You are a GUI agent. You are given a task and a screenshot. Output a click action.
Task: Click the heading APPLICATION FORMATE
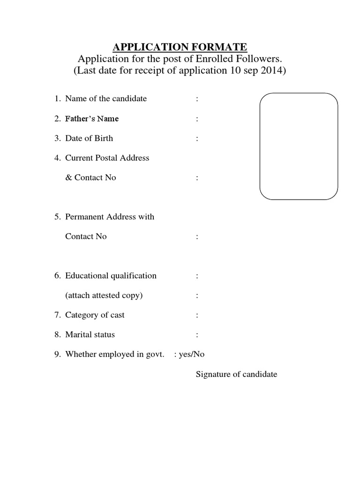tap(180, 47)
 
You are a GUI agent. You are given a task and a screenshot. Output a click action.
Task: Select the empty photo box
tap(299, 147)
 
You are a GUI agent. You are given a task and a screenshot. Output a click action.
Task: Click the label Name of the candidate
tap(106, 98)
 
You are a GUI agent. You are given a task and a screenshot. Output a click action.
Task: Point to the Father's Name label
tap(92, 119)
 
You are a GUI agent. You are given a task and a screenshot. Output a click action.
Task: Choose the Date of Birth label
tap(89, 138)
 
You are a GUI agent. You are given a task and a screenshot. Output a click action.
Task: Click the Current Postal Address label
tap(107, 158)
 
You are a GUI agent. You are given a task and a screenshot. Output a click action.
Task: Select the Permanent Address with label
tap(110, 217)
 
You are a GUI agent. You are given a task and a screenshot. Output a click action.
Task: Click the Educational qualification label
tap(111, 276)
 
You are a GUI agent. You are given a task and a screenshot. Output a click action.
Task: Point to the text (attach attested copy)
tap(104, 295)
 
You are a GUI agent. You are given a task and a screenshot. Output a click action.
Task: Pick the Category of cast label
tap(95, 315)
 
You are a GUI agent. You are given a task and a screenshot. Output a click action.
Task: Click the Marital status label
tap(90, 335)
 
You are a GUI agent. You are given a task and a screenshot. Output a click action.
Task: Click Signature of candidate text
tap(236, 374)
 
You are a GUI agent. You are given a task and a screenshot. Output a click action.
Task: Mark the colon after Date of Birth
tap(197, 139)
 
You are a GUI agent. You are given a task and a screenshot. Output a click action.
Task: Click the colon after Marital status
tap(197, 335)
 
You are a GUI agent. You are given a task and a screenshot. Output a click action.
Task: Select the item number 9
tap(56, 354)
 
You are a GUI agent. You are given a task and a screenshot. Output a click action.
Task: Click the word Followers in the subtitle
tap(261, 59)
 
